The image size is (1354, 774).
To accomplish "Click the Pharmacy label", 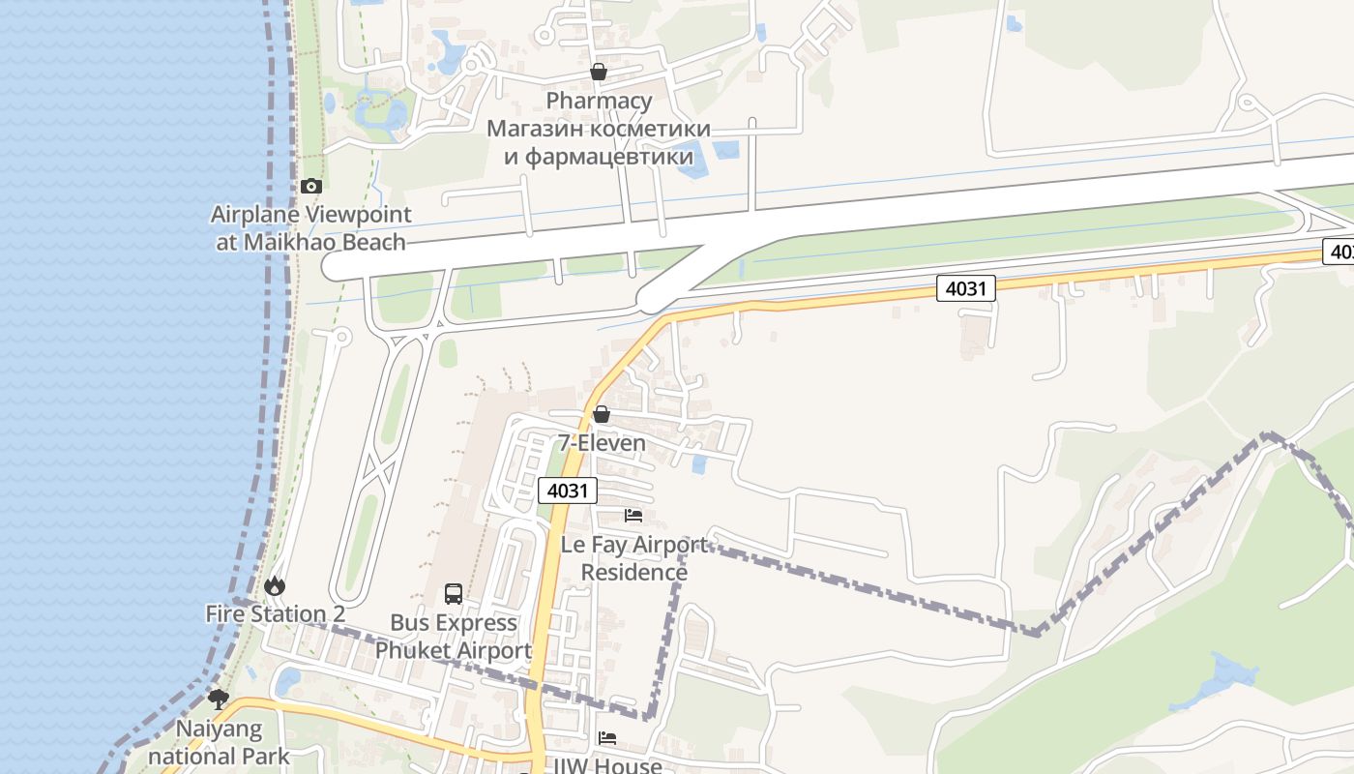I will pyautogui.click(x=599, y=101).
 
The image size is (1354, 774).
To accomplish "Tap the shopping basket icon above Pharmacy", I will pyautogui.click(x=599, y=72).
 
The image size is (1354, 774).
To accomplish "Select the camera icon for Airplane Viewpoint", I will pyautogui.click(x=310, y=186).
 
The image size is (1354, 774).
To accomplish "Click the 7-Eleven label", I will pyautogui.click(x=602, y=443).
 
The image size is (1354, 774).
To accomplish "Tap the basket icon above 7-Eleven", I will pyautogui.click(x=602, y=414).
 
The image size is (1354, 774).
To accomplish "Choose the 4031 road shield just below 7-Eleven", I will pyautogui.click(x=567, y=491).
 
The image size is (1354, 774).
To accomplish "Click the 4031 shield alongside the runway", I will pyautogui.click(x=965, y=287).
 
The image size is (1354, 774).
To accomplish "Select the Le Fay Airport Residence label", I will pyautogui.click(x=634, y=558).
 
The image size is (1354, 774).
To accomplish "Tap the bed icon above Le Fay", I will pyautogui.click(x=633, y=515).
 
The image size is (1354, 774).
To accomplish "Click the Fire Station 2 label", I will pyautogui.click(x=275, y=614).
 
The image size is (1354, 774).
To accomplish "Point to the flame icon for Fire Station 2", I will pyautogui.click(x=275, y=585).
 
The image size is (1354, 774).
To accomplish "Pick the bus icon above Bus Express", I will pyautogui.click(x=453, y=593).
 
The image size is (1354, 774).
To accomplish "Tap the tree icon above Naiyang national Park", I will pyautogui.click(x=219, y=699).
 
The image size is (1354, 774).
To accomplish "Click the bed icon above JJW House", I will pyautogui.click(x=606, y=738).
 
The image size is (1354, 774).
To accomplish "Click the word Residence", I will pyautogui.click(x=634, y=573).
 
